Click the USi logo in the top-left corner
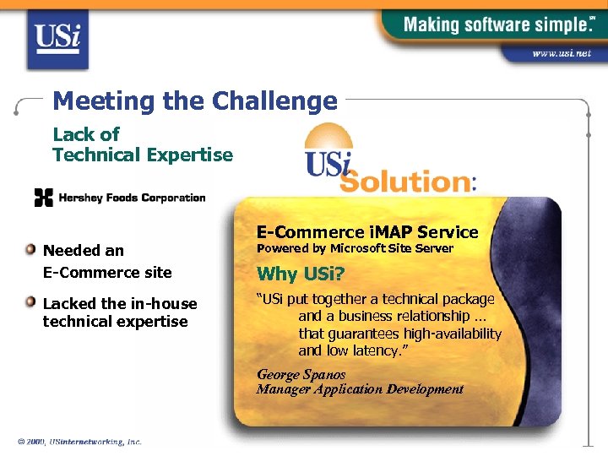tap(57, 38)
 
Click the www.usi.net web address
tap(562, 53)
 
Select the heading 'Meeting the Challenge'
tap(194, 101)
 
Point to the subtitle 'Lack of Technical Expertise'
tap(142, 144)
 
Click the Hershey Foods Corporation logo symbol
tap(43, 198)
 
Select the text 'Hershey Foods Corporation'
tap(132, 198)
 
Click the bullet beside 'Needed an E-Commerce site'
tap(30, 249)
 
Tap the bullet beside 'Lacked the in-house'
tap(30, 302)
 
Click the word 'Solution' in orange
tap(405, 181)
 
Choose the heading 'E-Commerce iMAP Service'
tap(367, 232)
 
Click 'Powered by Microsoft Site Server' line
tap(355, 248)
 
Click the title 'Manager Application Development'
tap(360, 389)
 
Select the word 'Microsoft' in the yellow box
tap(359, 248)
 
